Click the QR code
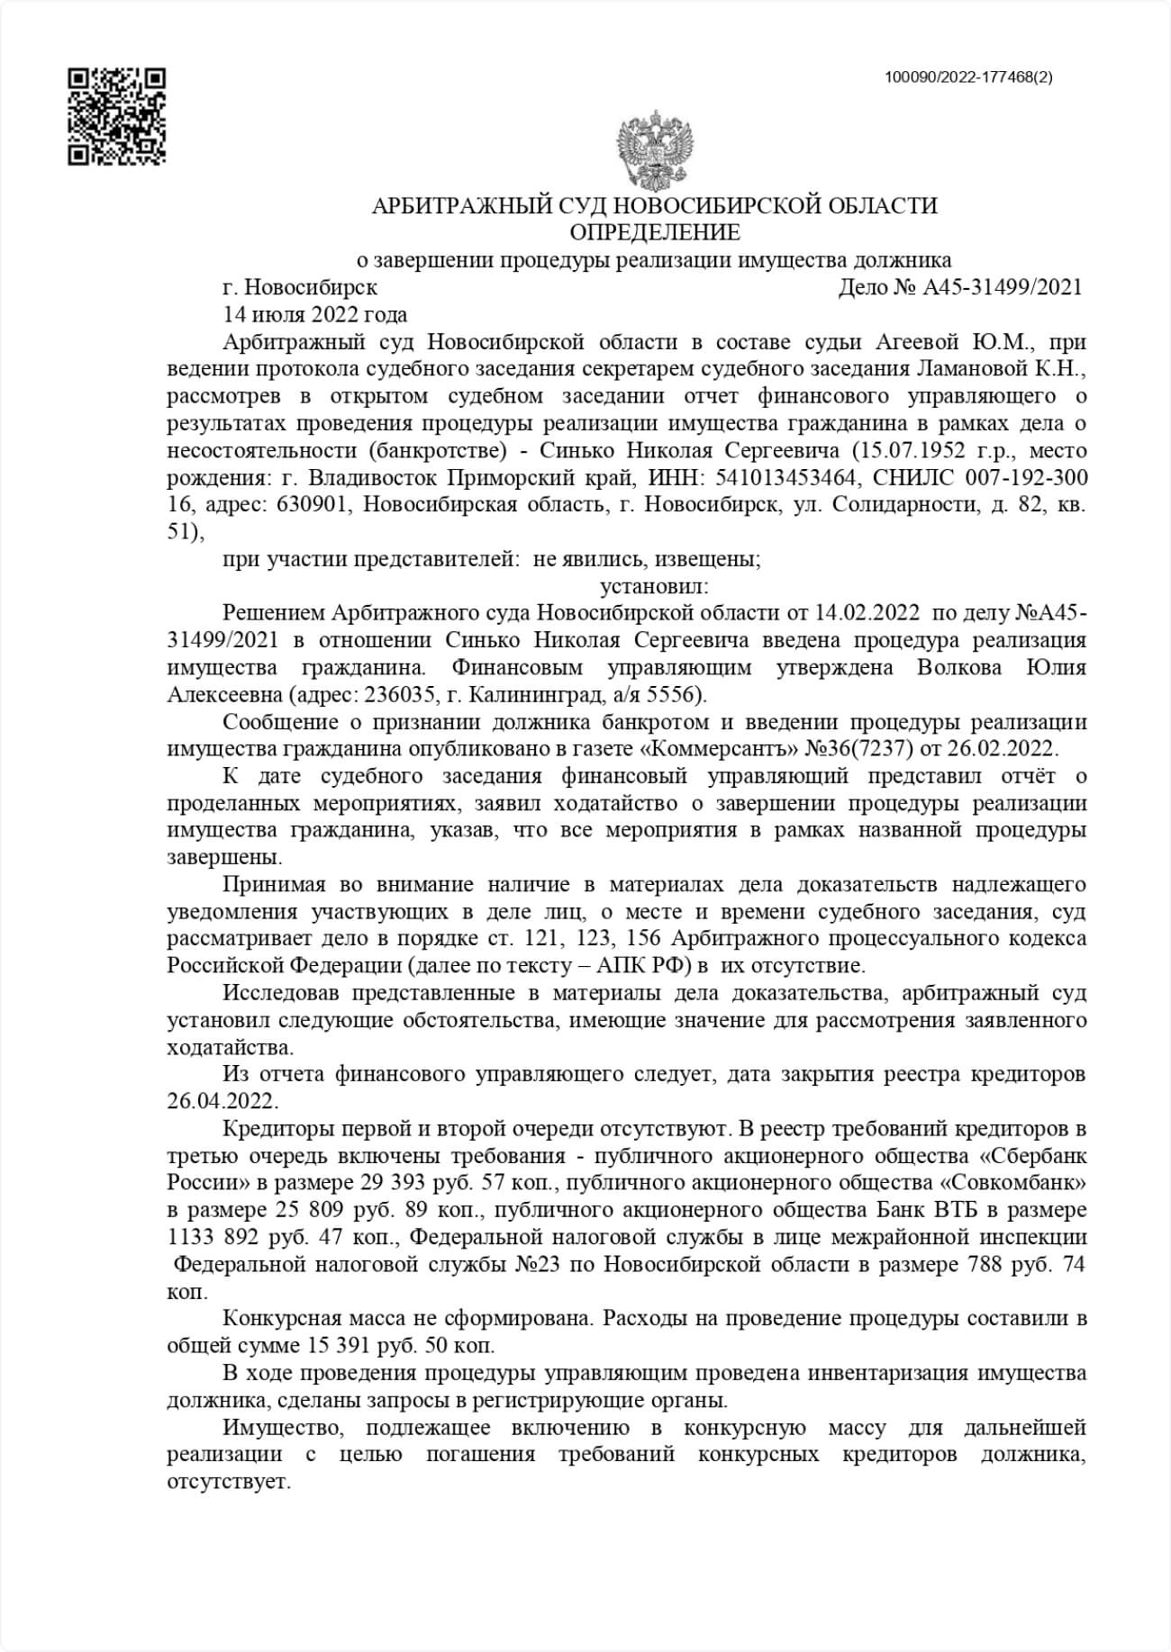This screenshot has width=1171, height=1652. [x=117, y=116]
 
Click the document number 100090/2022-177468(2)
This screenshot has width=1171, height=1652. [x=969, y=77]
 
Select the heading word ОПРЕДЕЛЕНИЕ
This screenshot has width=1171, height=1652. [x=655, y=233]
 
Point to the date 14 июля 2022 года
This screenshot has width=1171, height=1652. [x=314, y=315]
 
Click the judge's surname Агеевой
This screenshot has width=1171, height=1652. [x=918, y=342]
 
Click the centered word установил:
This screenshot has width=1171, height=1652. [x=655, y=587]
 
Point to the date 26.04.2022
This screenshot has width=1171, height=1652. [x=222, y=1102]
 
